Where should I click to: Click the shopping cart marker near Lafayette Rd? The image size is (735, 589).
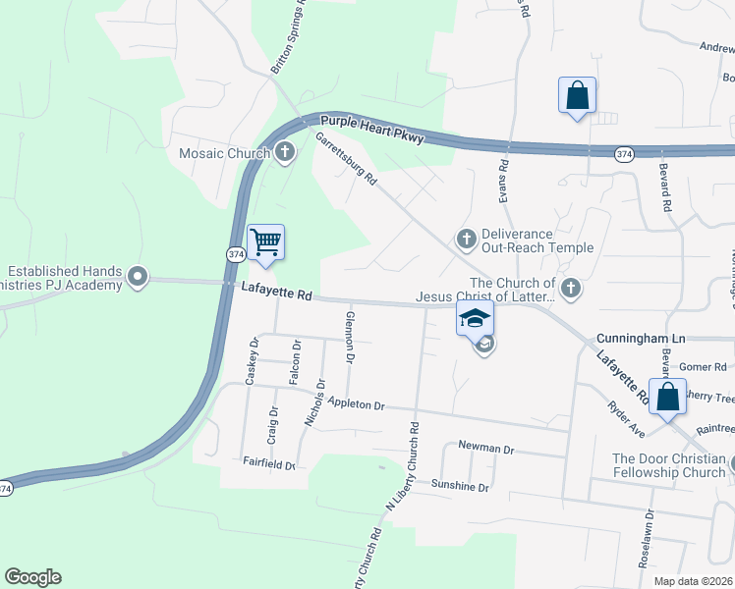[x=266, y=241]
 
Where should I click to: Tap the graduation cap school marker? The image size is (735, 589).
[x=475, y=319]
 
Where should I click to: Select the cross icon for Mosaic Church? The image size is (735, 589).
[x=285, y=151]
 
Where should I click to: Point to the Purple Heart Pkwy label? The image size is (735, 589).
[x=371, y=130]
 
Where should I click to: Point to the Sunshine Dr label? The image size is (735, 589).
[x=461, y=486]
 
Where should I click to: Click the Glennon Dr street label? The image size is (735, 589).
[x=349, y=336]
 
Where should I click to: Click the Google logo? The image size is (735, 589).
[x=32, y=577]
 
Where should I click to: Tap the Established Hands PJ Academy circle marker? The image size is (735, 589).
[x=138, y=278]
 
